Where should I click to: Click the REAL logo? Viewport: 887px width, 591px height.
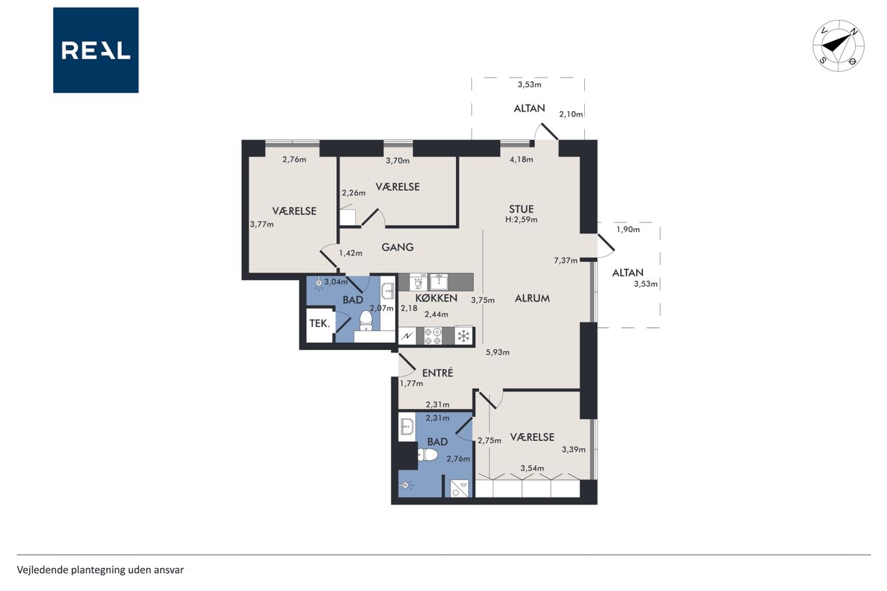[x=96, y=51]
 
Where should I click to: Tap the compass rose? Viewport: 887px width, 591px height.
[x=838, y=46]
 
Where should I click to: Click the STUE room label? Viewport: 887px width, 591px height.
[x=521, y=209]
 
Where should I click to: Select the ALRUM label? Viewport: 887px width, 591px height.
[x=532, y=299]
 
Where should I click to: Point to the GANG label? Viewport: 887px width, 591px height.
[x=398, y=247]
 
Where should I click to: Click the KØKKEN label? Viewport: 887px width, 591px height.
[x=437, y=298]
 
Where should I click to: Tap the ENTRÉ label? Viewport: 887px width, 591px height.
[x=437, y=373]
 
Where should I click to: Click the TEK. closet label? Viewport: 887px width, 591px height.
[x=319, y=324]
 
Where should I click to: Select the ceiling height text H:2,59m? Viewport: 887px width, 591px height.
[x=521, y=220]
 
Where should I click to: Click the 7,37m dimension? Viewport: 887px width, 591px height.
[x=565, y=261]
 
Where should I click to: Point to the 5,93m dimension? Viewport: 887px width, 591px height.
[x=498, y=352]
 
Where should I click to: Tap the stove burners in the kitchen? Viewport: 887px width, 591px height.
[x=433, y=336]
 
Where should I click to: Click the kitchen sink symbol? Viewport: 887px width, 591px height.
[x=439, y=281]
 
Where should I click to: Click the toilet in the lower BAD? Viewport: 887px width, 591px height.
[x=428, y=455]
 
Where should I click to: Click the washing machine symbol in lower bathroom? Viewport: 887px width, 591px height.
[x=459, y=488]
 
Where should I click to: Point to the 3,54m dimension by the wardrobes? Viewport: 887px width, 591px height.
[x=532, y=468]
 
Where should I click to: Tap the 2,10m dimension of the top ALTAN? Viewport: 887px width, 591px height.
[x=571, y=114]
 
